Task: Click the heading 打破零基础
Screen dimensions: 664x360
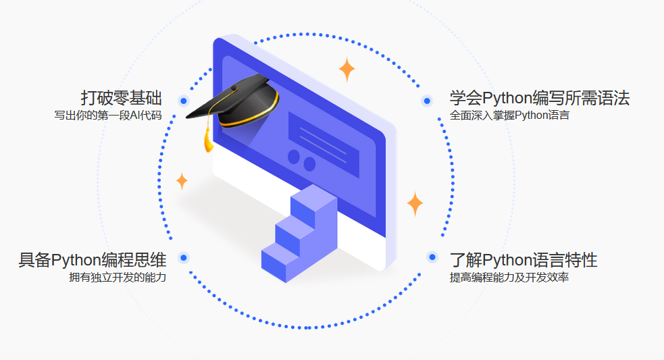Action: [x=121, y=98]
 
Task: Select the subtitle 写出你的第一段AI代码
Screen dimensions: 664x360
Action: [x=108, y=115]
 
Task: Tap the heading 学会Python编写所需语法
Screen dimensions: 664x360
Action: [x=540, y=98]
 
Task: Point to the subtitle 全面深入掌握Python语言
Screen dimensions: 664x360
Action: [x=509, y=115]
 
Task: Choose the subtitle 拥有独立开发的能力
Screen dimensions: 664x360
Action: [x=117, y=277]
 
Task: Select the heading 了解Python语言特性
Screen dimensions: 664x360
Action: [x=523, y=260]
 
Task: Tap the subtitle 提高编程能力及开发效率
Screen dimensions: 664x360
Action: [x=509, y=277]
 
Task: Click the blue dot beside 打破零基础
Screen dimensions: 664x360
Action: [x=183, y=101]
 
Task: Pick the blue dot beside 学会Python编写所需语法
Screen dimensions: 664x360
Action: [x=426, y=101]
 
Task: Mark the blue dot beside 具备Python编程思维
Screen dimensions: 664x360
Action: [x=183, y=257]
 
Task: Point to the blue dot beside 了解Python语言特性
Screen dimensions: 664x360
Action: [x=432, y=257]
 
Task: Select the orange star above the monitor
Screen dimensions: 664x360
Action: [x=347, y=69]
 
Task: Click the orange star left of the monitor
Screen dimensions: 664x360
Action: [x=182, y=181]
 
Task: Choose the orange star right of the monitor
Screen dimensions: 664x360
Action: [x=415, y=203]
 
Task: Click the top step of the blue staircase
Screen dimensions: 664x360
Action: [x=312, y=197]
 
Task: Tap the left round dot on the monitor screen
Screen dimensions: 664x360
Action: [x=294, y=157]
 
